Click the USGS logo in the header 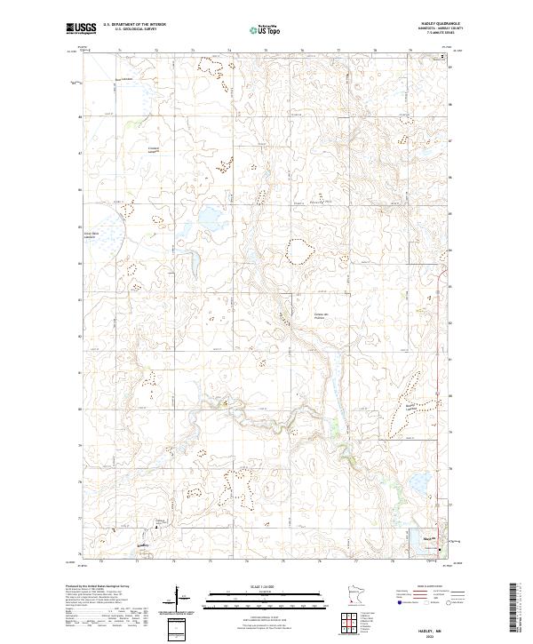pos(82,29)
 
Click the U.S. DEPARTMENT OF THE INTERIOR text pos(134,26)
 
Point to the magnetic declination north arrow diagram pos(178,597)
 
